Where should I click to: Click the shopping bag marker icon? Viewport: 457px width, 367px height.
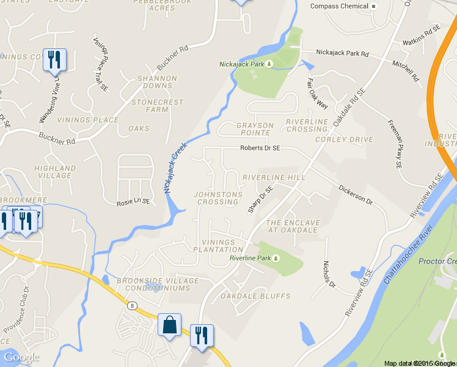(x=169, y=324)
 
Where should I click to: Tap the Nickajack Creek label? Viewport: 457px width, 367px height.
(x=174, y=172)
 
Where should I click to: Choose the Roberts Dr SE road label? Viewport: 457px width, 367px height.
(x=260, y=148)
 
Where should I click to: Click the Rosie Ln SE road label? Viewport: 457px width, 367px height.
(x=134, y=202)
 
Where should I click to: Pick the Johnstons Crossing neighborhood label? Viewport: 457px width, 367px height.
(x=218, y=198)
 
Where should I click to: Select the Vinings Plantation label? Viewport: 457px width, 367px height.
(x=214, y=246)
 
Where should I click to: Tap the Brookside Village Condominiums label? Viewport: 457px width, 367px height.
(x=161, y=284)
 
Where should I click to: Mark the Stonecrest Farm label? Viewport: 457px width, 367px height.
(x=149, y=106)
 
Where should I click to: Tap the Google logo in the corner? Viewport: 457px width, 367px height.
(x=21, y=357)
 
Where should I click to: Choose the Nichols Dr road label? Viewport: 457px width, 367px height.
(x=329, y=275)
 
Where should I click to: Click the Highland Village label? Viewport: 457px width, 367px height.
(x=55, y=172)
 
